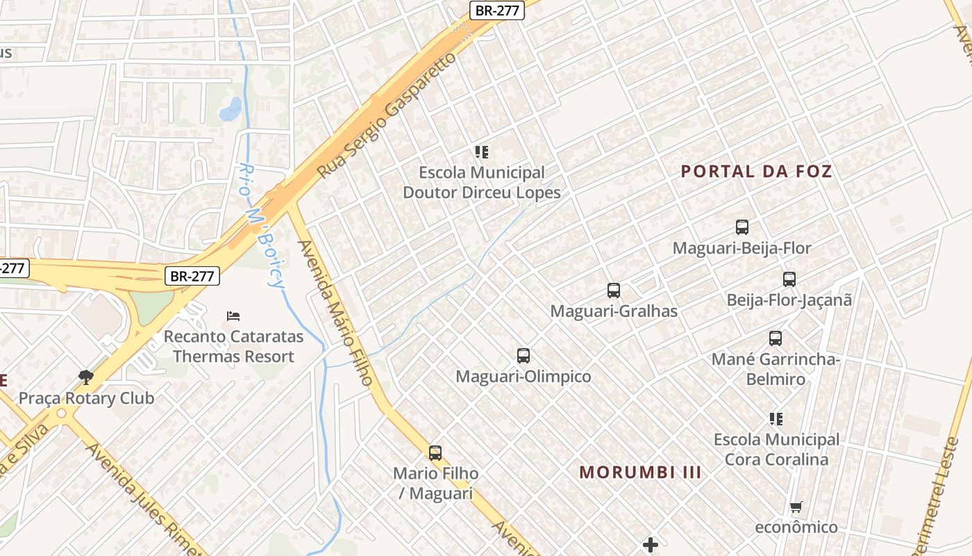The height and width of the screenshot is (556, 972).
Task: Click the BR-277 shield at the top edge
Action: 496,10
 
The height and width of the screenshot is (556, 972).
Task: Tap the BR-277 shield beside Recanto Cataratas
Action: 192,276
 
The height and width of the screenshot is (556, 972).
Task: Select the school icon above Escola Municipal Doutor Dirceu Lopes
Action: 482,152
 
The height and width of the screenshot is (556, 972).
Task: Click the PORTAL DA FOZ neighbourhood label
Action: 756,171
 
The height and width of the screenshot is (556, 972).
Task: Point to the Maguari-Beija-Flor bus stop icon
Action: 742,227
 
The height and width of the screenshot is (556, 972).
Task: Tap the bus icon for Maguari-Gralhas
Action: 614,291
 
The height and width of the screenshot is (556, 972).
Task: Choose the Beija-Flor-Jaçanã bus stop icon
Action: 789,279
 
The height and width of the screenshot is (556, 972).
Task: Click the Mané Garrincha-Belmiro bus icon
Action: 776,338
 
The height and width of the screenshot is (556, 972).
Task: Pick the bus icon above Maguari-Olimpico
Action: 523,356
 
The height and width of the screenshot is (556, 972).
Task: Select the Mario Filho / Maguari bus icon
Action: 435,453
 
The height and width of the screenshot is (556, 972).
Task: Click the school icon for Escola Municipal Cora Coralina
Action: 776,419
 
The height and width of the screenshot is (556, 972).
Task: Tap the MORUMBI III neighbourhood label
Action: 640,473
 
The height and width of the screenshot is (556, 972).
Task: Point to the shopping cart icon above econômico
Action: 796,507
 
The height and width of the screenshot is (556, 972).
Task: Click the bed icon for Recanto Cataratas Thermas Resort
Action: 233,316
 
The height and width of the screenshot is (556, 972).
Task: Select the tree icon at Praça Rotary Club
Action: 86,377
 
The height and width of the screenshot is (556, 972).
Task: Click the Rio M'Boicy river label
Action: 262,226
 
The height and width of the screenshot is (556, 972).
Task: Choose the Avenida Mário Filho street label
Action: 336,313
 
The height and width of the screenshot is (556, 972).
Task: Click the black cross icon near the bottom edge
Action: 651,545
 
